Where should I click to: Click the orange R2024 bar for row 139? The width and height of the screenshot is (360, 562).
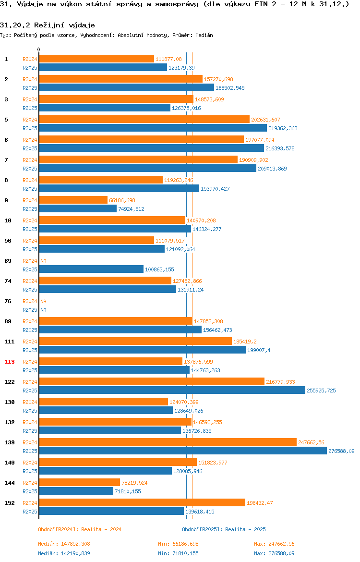[168, 442]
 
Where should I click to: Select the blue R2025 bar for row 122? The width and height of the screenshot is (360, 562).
[172, 391]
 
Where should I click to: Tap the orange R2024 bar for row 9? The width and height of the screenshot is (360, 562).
[73, 200]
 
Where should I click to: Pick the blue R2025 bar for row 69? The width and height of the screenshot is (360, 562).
[91, 269]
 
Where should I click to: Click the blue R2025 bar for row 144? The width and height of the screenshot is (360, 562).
[76, 491]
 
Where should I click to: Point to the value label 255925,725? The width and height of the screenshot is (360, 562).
[321, 391]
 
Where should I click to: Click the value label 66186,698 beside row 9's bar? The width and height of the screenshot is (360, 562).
[122, 200]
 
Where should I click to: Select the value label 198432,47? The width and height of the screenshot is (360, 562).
[260, 503]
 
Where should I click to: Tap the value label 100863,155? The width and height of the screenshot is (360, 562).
[159, 269]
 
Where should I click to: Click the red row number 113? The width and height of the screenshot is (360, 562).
[10, 362]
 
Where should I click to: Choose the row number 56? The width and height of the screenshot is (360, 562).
[8, 241]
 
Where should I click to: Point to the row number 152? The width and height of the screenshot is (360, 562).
[10, 503]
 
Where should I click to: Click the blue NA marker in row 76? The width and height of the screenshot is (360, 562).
[43, 310]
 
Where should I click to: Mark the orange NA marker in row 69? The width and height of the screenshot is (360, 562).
[43, 261]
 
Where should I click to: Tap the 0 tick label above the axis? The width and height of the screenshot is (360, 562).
[39, 49]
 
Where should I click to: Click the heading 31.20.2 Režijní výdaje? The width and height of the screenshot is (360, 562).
[48, 25]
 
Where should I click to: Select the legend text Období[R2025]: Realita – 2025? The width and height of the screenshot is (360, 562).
[224, 529]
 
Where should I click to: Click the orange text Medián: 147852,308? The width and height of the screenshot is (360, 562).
[64, 544]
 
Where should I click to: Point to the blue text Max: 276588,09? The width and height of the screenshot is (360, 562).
[274, 553]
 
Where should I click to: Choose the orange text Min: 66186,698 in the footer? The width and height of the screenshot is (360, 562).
[178, 544]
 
